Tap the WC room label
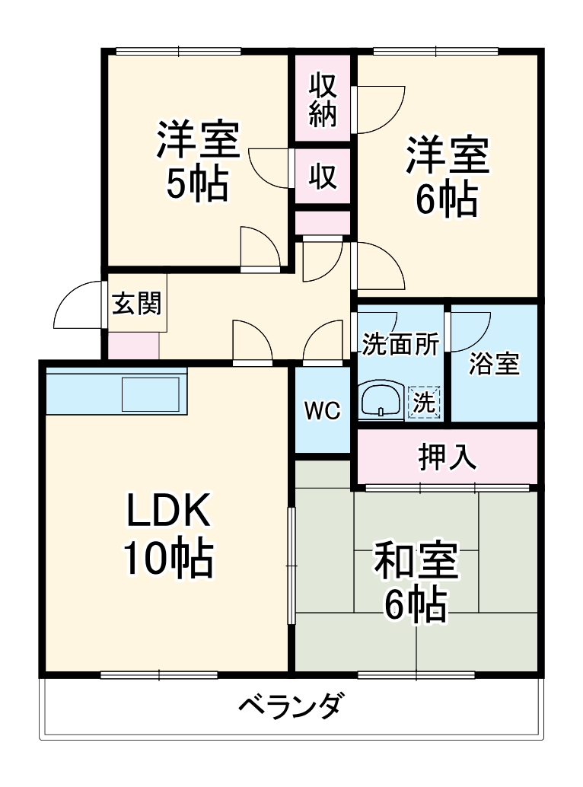pos(322,410)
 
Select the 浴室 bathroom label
pos(494,365)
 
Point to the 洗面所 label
pos(400,345)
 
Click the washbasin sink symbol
pos(381,400)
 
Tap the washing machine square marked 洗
pos(424,402)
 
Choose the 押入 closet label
pos(447,457)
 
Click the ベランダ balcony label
pos(289,706)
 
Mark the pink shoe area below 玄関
pos(133,346)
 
